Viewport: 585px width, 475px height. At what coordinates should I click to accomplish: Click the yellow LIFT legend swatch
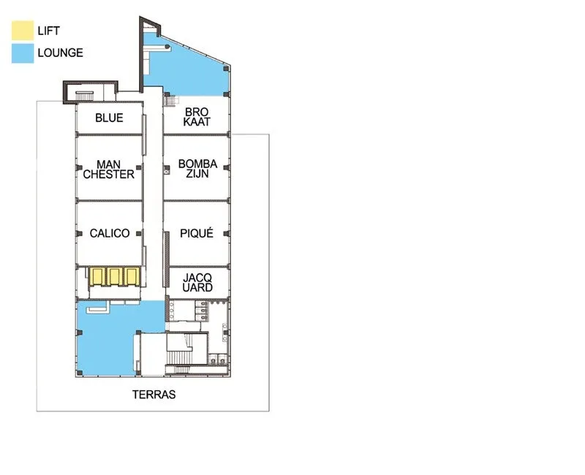[23, 30]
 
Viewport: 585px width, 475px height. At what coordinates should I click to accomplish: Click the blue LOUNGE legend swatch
[23, 53]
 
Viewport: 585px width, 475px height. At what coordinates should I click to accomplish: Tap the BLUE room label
[109, 118]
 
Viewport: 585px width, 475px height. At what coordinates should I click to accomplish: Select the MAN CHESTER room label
[108, 170]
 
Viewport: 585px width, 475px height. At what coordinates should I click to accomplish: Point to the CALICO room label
[110, 233]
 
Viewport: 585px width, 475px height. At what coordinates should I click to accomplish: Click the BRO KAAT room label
[197, 117]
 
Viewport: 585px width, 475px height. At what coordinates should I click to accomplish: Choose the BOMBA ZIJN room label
[197, 169]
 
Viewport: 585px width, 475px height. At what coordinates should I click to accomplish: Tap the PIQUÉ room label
[197, 233]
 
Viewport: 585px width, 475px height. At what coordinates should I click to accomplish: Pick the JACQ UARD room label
[197, 283]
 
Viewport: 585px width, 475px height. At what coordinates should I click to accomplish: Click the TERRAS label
[154, 395]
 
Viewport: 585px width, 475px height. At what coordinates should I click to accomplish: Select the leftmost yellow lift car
[97, 277]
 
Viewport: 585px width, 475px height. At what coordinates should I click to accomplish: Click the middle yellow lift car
[115, 277]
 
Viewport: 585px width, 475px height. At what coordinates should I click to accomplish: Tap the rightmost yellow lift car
[132, 277]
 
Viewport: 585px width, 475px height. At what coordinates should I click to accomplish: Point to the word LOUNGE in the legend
[61, 53]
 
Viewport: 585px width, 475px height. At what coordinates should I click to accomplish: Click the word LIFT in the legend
[48, 31]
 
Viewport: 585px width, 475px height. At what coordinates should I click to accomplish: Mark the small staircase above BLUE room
[85, 95]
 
